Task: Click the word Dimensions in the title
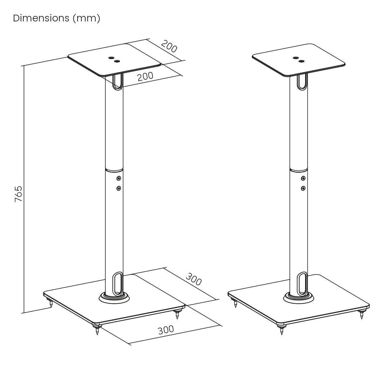coord(41,19)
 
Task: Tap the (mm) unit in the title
coord(86,19)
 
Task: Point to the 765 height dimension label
coord(19,194)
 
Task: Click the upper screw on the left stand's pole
coord(119,178)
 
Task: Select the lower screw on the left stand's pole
coord(119,188)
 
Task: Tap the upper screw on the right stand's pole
coord(303,178)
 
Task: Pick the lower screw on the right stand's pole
coord(303,188)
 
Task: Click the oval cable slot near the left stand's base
coord(117,282)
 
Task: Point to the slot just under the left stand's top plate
coord(117,81)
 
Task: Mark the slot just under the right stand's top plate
coord(302,81)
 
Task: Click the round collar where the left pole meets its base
coord(114,298)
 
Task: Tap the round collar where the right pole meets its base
coord(299,298)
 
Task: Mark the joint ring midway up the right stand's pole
coord(299,169)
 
